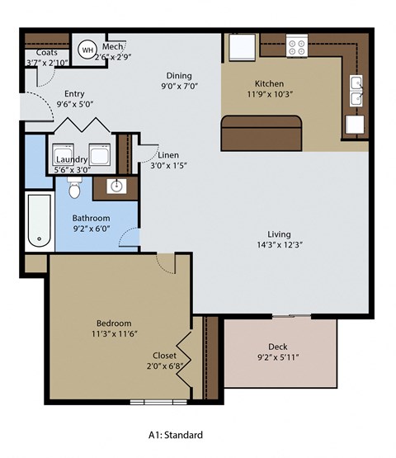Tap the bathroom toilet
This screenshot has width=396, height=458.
(74, 189)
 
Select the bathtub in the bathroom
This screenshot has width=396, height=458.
(40, 221)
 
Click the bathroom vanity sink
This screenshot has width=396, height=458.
(116, 186)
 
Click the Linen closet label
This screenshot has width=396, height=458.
(168, 155)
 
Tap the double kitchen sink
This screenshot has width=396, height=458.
(356, 92)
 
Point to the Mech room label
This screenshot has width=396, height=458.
(113, 47)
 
